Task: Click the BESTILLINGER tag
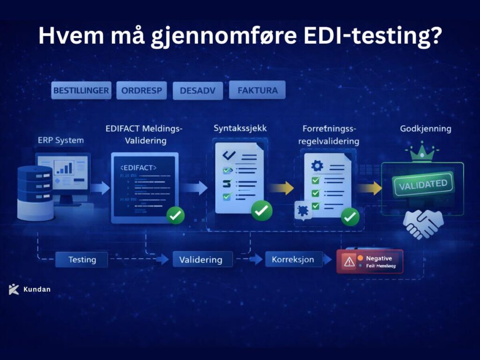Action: pyautogui.click(x=81, y=90)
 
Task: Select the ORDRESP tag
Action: pyautogui.click(x=142, y=90)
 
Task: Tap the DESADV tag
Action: pyautogui.click(x=197, y=90)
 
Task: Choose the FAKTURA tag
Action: pyautogui.click(x=257, y=90)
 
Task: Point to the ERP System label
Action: pyautogui.click(x=61, y=140)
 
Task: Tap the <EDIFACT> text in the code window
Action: pyautogui.click(x=138, y=167)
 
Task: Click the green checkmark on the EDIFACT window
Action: pyautogui.click(x=176, y=215)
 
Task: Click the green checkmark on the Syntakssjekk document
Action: pyautogui.click(x=262, y=210)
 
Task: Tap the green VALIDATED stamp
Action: pyautogui.click(x=422, y=184)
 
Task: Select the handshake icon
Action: pyautogui.click(x=423, y=223)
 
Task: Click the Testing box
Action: pyautogui.click(x=82, y=259)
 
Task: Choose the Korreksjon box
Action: pyautogui.click(x=293, y=259)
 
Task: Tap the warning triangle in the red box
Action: pyautogui.click(x=349, y=261)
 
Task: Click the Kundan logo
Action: pyautogui.click(x=14, y=289)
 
